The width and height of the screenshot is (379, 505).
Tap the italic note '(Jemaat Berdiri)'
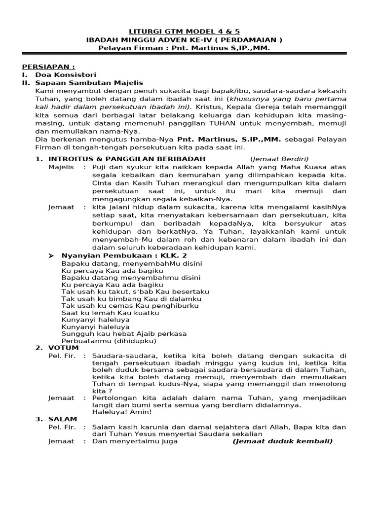click(279, 159)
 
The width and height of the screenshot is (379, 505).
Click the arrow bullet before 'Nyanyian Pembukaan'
click(52, 255)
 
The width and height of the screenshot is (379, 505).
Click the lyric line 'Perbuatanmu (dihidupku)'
click(109, 341)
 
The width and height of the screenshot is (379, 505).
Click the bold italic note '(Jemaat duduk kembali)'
click(283, 441)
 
